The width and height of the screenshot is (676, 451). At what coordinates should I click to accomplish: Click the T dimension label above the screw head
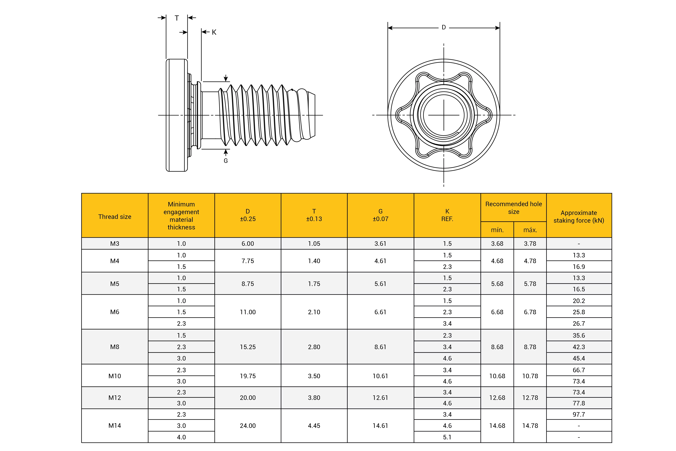(x=177, y=18)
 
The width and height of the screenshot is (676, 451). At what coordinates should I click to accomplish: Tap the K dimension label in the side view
(x=214, y=32)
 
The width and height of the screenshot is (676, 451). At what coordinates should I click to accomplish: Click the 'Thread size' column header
(x=115, y=217)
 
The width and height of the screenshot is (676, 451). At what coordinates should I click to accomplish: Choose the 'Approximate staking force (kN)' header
(x=579, y=217)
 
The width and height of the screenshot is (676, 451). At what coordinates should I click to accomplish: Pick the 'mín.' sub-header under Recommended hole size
(x=497, y=230)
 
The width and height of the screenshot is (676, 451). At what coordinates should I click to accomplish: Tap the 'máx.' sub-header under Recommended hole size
(x=530, y=230)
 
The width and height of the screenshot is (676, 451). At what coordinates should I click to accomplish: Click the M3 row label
(x=115, y=244)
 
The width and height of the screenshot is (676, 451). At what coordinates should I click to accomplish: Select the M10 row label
(x=115, y=376)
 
